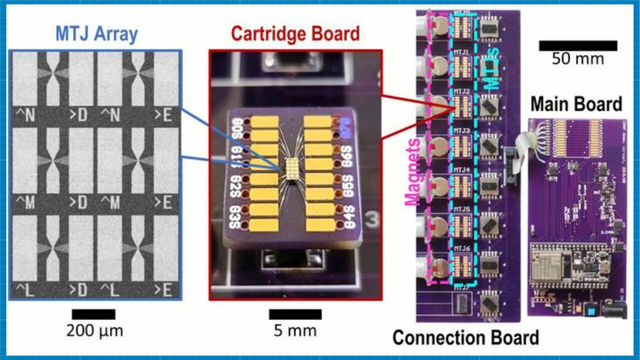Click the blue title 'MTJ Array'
point(96,34)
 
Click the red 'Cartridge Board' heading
point(295,34)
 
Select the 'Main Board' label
point(576,104)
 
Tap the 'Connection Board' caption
point(465,337)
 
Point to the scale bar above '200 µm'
point(93,314)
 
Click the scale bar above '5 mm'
point(295,314)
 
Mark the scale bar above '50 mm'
point(577,45)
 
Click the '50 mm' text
point(577,59)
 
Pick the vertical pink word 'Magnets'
point(413,172)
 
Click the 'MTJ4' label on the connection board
point(461,169)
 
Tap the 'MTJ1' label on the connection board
point(461,52)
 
